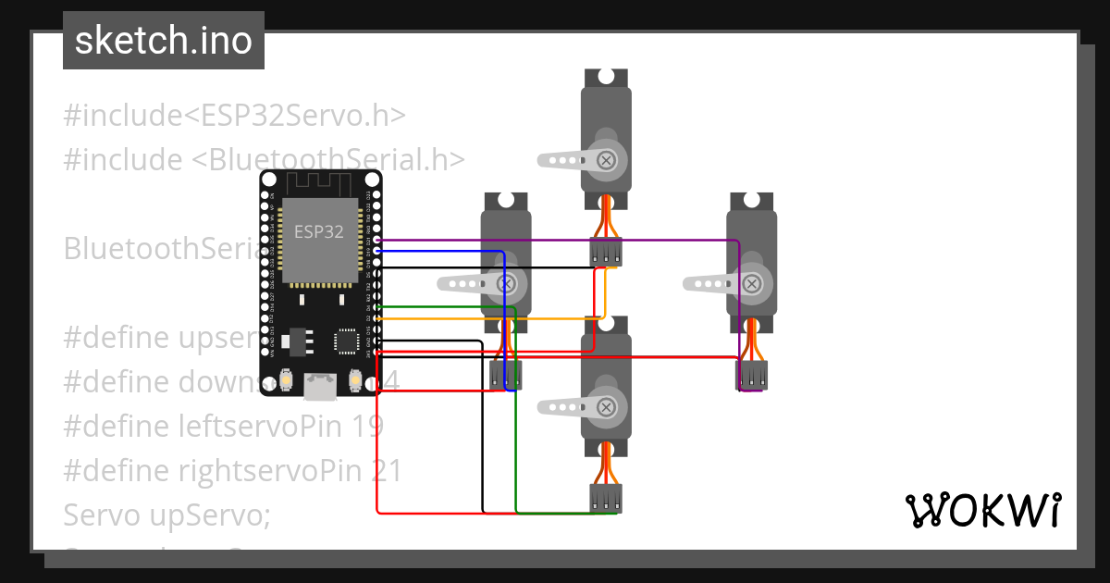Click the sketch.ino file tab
[x=164, y=41]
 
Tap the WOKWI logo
[x=982, y=510]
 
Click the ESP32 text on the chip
[x=318, y=231]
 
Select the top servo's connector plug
[x=606, y=252]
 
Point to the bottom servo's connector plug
[x=606, y=498]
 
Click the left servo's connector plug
[x=505, y=375]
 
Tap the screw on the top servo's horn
[x=606, y=160]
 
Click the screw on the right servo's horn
[x=753, y=283]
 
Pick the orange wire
[x=490, y=319]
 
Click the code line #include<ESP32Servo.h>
[x=235, y=116]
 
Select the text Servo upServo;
[x=166, y=515]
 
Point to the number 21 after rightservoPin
[x=386, y=471]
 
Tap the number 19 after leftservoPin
[x=367, y=427]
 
